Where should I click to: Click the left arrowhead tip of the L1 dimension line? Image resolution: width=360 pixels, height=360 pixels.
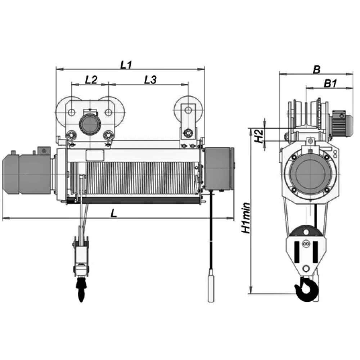56,69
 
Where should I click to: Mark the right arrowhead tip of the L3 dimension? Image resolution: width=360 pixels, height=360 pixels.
188,85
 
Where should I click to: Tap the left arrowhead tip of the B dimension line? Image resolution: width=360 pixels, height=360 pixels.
279,74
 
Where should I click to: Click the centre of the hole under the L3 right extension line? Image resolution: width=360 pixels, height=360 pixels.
188,110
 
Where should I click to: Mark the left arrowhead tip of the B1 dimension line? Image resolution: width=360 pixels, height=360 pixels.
306,87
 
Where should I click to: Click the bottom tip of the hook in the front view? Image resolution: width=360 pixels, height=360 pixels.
81,302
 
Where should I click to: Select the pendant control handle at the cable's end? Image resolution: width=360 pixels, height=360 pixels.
211,285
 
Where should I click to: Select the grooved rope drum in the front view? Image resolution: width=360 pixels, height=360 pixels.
135,178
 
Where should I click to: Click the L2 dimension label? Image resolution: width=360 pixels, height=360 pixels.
91,80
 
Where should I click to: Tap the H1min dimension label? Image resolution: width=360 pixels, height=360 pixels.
246,218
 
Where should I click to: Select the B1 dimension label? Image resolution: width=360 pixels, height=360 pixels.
330,84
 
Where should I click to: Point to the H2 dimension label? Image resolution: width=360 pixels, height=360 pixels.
259,136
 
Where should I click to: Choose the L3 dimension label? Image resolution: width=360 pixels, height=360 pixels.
150,80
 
